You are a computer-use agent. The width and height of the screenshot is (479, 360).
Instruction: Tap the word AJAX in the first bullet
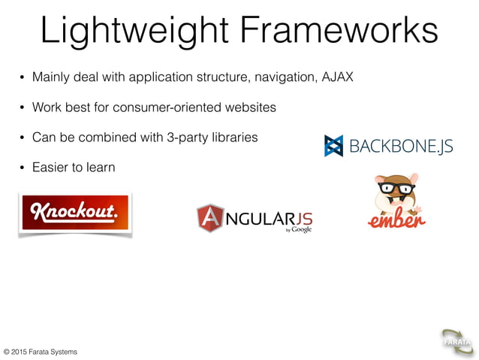[x=338, y=77]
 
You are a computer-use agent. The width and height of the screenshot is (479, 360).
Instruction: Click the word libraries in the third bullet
[x=236, y=138]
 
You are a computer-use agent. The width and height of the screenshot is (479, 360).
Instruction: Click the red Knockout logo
[x=75, y=214]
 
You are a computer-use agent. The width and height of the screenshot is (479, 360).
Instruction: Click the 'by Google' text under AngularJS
[x=298, y=229]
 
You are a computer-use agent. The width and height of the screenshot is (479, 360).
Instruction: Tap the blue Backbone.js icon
[x=333, y=145]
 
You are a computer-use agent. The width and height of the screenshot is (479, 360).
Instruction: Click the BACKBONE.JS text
[x=401, y=145]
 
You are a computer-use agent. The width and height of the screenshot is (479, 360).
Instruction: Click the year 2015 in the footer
[x=24, y=352]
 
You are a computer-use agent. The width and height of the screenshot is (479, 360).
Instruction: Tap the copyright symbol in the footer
[x=7, y=352]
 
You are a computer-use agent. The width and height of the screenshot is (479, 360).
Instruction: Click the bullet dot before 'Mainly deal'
[x=22, y=77]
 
